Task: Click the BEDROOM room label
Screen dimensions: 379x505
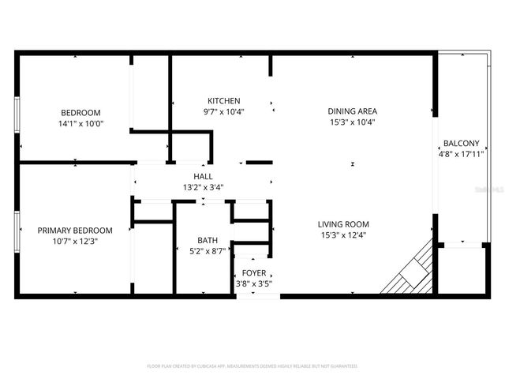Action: point(81,112)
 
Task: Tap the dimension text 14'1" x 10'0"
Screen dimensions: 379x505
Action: point(81,123)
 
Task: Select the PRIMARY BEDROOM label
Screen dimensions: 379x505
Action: point(75,231)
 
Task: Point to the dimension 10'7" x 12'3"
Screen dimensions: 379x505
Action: point(75,242)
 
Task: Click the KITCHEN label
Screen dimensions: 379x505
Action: point(224,101)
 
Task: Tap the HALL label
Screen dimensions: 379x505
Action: point(203,177)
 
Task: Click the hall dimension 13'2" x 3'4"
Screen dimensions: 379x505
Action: point(203,187)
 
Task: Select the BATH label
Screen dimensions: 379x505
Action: point(208,241)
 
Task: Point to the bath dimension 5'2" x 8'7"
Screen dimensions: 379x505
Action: point(208,251)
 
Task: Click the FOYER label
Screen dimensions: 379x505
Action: point(254,273)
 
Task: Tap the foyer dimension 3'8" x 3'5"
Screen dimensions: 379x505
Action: point(254,283)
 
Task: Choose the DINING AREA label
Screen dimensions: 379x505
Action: point(352,111)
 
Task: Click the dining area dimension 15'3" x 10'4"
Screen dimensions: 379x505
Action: point(352,122)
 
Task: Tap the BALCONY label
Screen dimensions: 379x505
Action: point(461,143)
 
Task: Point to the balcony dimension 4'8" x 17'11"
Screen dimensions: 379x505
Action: point(461,154)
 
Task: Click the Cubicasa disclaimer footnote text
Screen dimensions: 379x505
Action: point(252,366)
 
